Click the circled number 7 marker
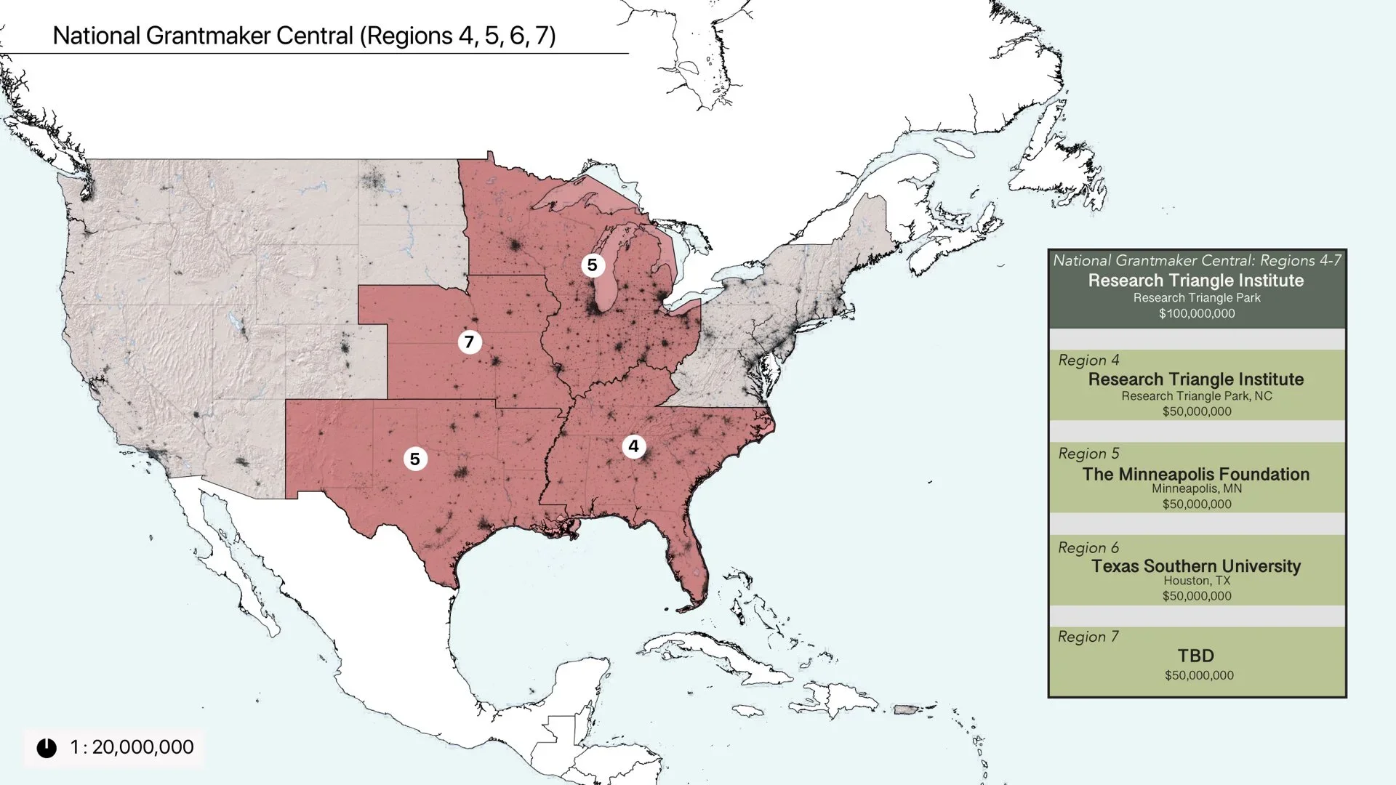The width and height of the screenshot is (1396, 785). point(470,342)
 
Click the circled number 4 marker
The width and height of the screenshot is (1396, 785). point(634,446)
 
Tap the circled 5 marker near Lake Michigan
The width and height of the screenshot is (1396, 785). point(593,265)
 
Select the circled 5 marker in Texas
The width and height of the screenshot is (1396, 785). point(415,459)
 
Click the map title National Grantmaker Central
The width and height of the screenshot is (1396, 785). point(304,36)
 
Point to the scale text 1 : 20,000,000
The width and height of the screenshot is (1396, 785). point(132,747)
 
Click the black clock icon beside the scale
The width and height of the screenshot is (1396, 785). point(47,748)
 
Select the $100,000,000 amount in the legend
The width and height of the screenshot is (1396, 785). point(1197,314)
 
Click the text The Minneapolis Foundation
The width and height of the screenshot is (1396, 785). point(1196,474)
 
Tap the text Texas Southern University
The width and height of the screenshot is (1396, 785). point(1196,566)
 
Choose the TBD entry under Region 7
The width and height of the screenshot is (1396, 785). point(1196,656)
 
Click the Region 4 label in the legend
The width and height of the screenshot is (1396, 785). point(1088,361)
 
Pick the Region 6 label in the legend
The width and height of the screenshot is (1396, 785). point(1088,548)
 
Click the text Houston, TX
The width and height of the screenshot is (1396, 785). point(1197,581)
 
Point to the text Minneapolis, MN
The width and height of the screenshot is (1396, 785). point(1197,488)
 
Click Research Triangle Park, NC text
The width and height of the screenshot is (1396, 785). point(1197,396)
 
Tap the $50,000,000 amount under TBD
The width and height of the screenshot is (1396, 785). point(1199,675)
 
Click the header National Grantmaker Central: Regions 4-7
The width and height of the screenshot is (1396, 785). point(1197,260)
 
